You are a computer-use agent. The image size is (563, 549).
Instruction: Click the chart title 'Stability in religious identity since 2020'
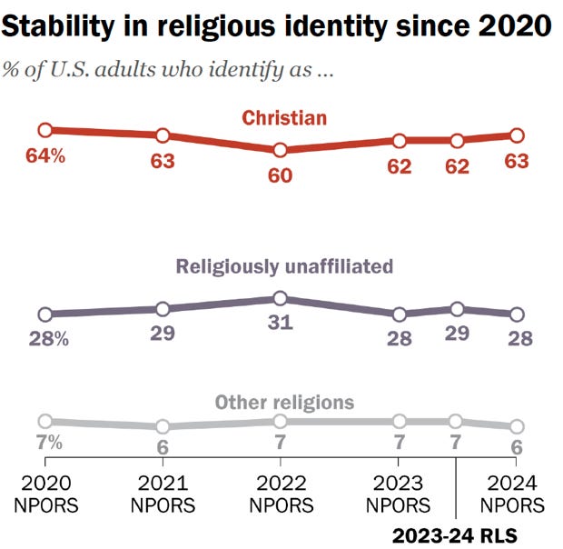[276, 26]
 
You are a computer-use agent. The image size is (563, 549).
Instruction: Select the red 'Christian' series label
[283, 117]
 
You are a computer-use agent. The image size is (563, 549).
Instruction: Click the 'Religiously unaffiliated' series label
[283, 267]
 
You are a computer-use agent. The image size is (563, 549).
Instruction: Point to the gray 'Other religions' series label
[283, 403]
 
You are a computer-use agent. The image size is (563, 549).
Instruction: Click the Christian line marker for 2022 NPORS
[280, 149]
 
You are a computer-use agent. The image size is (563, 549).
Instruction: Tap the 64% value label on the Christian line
[45, 156]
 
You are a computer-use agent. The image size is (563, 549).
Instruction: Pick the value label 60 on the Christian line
[280, 175]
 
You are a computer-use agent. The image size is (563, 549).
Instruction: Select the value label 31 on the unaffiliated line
[280, 324]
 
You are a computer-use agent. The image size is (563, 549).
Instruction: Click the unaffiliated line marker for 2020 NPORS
[44, 314]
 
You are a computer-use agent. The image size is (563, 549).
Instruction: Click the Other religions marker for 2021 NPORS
[163, 425]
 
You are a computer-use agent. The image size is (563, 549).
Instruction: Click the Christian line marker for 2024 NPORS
[517, 135]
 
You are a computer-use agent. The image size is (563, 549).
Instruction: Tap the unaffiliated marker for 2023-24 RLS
[457, 308]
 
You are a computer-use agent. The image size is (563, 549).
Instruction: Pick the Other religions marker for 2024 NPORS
[517, 426]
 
